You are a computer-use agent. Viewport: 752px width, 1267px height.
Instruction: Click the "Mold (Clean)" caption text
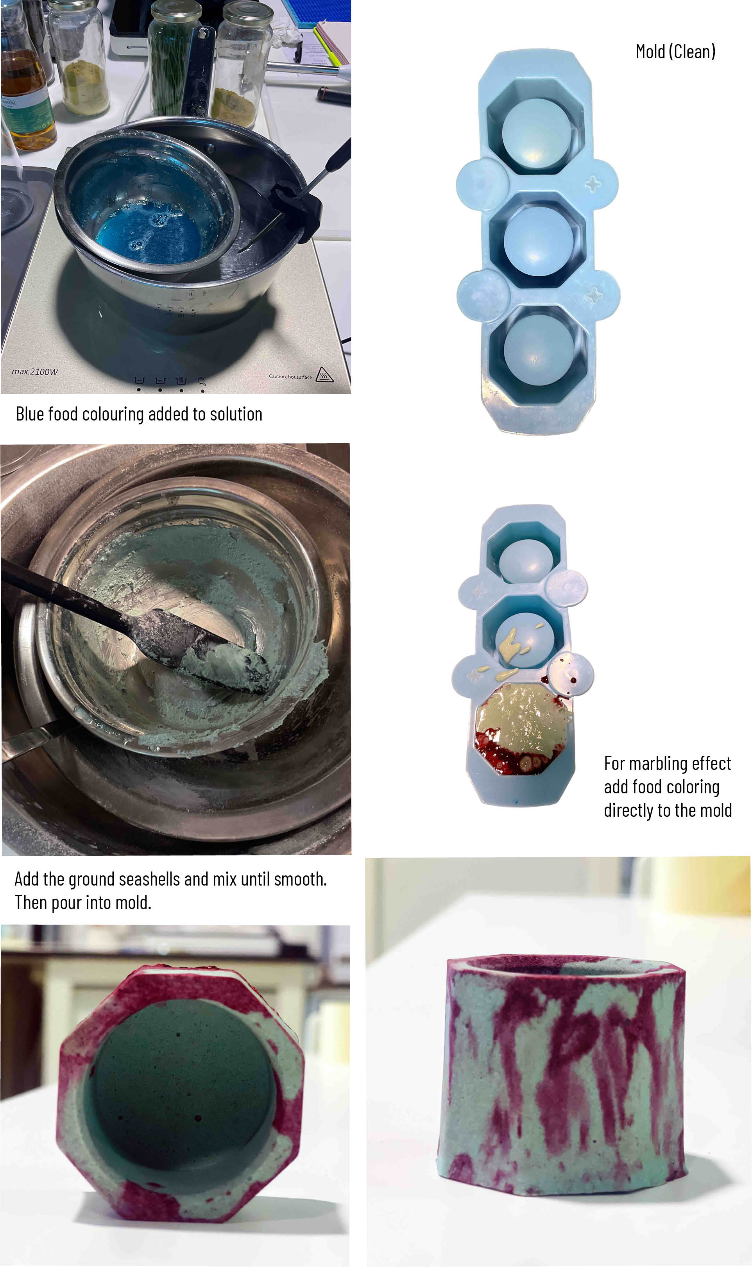(675, 52)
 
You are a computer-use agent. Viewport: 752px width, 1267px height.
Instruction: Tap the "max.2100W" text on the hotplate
(35, 371)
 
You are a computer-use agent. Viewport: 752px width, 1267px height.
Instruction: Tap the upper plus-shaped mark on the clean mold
(593, 183)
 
